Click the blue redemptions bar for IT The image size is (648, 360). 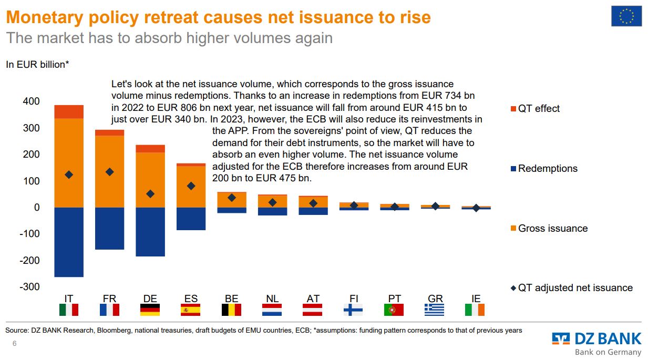pos(69,242)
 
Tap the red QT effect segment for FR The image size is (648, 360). pos(109,132)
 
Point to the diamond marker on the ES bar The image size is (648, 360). pos(191,186)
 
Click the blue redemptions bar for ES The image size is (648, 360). pos(191,219)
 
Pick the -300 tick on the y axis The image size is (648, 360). pos(29,286)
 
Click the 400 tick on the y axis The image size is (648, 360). pos(31,101)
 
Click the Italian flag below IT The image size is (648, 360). pos(69,310)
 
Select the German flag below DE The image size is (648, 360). pos(150,310)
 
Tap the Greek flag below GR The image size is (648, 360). pos(434,310)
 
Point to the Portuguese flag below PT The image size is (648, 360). pos(394,310)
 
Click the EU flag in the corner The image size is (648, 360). pos(626,16)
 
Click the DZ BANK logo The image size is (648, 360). pos(596,339)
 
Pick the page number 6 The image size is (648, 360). pos(15,343)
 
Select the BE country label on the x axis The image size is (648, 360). pos(232,299)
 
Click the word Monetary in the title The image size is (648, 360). pos(48,17)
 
